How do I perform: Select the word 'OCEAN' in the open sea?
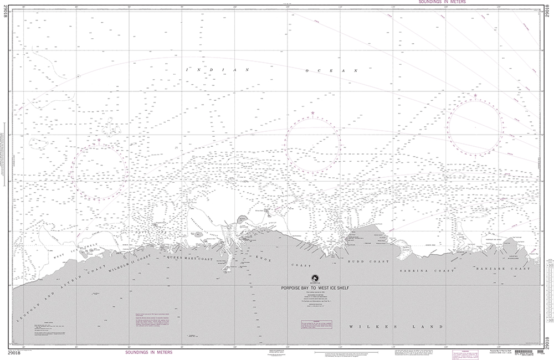click(x=334, y=70)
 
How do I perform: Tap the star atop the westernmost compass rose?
click(x=99, y=140)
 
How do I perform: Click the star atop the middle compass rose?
click(x=312, y=114)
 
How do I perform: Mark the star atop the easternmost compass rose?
click(x=475, y=95)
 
